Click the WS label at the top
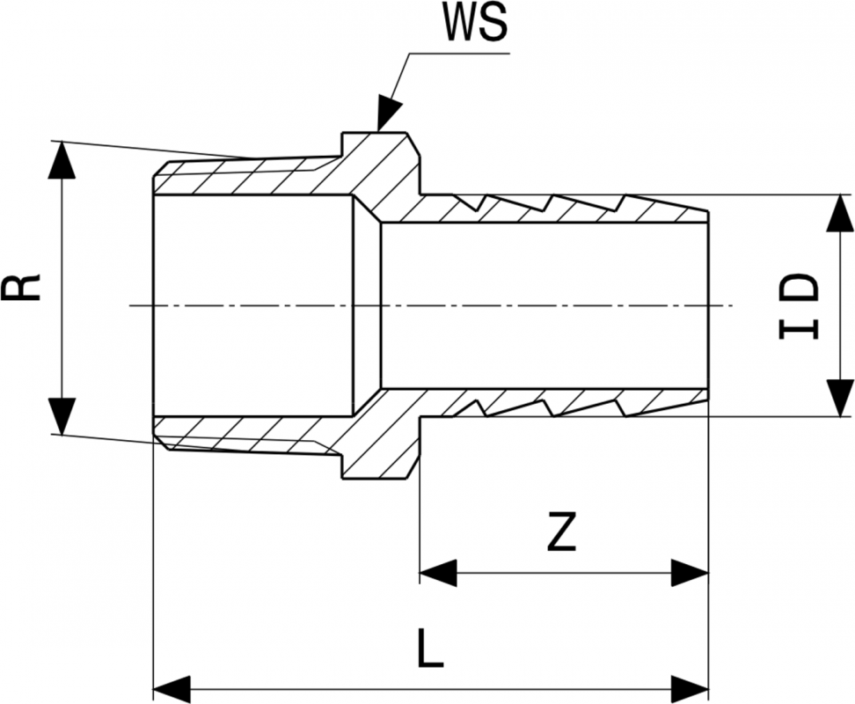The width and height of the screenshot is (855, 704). (x=476, y=25)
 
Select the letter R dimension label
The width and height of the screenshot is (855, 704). (x=27, y=287)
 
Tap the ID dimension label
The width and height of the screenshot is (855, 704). (x=799, y=305)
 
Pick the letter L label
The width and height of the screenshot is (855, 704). (x=430, y=650)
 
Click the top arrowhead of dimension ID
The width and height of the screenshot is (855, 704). (x=841, y=212)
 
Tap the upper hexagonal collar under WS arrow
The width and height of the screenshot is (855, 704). (x=378, y=167)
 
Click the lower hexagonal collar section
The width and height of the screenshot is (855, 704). (x=378, y=444)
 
